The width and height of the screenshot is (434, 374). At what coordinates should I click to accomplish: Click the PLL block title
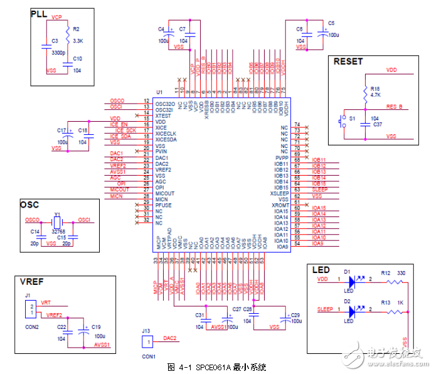coord(40,14)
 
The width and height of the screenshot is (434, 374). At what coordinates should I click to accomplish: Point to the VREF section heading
coord(31,282)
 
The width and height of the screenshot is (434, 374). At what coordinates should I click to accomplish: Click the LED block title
coord(320,270)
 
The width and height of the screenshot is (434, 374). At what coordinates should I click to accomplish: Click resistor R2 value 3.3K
coord(78,40)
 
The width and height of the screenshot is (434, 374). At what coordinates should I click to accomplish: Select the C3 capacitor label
coord(55,40)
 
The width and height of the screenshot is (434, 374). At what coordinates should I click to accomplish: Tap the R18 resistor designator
coord(374,88)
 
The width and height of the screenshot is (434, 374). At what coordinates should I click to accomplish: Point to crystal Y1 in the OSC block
coord(57,221)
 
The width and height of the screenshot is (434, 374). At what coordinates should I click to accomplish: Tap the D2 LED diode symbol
coord(352,309)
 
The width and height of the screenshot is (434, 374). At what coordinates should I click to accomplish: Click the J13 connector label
coord(145,331)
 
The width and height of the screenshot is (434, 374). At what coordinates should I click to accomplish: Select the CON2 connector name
coord(31,327)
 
